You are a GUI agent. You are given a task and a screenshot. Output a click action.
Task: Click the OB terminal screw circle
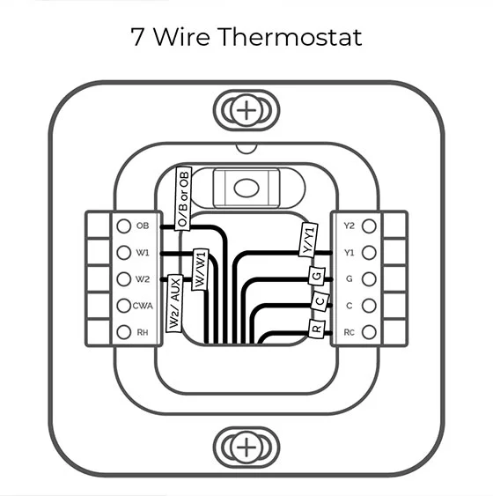(x=124, y=226)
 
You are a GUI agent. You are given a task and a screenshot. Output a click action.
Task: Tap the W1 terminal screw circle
(x=124, y=253)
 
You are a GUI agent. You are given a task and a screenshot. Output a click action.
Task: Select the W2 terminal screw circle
(x=124, y=279)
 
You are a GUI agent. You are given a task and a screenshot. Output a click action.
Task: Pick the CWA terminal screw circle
(x=124, y=306)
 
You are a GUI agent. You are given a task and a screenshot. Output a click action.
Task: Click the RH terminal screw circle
(x=124, y=332)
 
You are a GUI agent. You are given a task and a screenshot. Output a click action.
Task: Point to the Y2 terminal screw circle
(x=369, y=226)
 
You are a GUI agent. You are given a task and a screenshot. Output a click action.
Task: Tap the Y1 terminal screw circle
(x=369, y=253)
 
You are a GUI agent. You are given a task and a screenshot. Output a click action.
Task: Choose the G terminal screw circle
(x=369, y=279)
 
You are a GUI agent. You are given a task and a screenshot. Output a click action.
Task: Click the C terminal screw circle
(x=369, y=306)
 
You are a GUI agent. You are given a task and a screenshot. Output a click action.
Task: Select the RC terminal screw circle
(x=369, y=332)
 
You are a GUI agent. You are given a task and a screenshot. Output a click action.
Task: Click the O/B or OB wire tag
(x=184, y=198)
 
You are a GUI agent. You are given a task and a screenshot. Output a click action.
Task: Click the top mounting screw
(x=247, y=111)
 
